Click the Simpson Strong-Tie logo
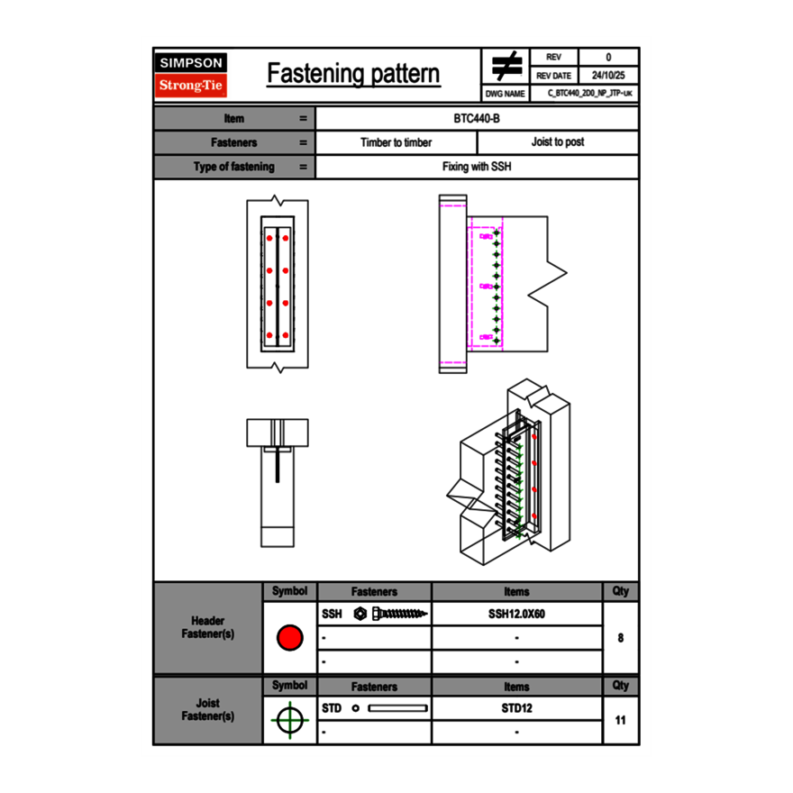[x=191, y=75]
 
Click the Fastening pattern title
[x=353, y=74]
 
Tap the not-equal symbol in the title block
[x=506, y=67]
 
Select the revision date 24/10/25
[x=608, y=76]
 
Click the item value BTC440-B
[x=477, y=118]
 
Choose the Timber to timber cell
[x=396, y=142]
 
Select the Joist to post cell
[x=557, y=142]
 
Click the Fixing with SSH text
[x=477, y=167]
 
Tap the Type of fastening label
[x=233, y=167]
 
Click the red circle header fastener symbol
[x=289, y=638]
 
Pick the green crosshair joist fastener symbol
[x=288, y=721]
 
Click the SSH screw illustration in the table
[x=391, y=615]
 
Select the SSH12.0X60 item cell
[x=516, y=615]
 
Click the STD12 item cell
[x=516, y=708]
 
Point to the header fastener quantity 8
[x=620, y=638]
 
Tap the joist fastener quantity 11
[x=620, y=720]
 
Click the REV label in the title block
[x=554, y=58]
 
